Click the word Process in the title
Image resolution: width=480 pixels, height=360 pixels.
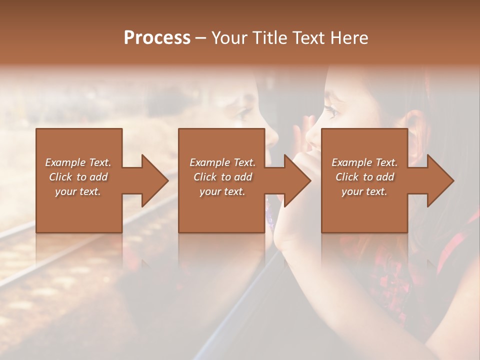(157, 38)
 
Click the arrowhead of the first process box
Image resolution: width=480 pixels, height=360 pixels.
(155, 180)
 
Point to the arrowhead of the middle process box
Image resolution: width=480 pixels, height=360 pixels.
(298, 180)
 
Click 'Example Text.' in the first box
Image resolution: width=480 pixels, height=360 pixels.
(78, 162)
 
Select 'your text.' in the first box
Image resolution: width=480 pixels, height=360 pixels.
(78, 191)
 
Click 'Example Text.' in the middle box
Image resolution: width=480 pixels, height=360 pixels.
(222, 162)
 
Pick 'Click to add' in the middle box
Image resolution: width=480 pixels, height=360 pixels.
(222, 177)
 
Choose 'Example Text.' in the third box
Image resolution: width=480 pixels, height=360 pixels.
(364, 162)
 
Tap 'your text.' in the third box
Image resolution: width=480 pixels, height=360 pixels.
(364, 191)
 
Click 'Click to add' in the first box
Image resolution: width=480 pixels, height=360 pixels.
(78, 177)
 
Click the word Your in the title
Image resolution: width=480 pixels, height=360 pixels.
(228, 38)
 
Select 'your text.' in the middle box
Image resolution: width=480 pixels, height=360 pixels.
(222, 191)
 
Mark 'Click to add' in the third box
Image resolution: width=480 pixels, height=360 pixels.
(364, 177)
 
